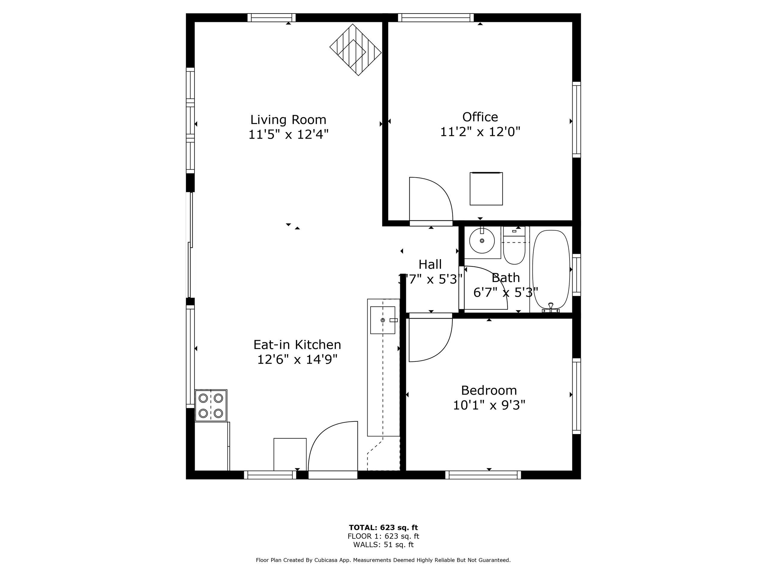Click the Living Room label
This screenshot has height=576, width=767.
tap(288, 120)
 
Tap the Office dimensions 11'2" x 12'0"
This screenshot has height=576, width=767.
tap(480, 132)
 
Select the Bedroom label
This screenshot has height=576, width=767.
tap(489, 391)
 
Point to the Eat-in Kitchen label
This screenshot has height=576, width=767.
tap(297, 345)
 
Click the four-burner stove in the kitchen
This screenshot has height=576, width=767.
tap(211, 406)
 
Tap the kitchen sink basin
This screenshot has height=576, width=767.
tap(383, 320)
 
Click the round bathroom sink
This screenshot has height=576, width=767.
tap(482, 241)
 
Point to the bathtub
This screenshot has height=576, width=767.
tap(551, 269)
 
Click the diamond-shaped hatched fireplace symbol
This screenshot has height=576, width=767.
tap(355, 49)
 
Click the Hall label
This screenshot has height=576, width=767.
tap(430, 265)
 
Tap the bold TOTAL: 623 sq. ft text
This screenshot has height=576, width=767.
tap(383, 528)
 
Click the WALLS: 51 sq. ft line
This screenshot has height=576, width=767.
tap(383, 545)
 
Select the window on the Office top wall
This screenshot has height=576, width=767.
tap(436, 17)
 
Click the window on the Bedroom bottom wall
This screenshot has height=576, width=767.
tap(483, 475)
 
